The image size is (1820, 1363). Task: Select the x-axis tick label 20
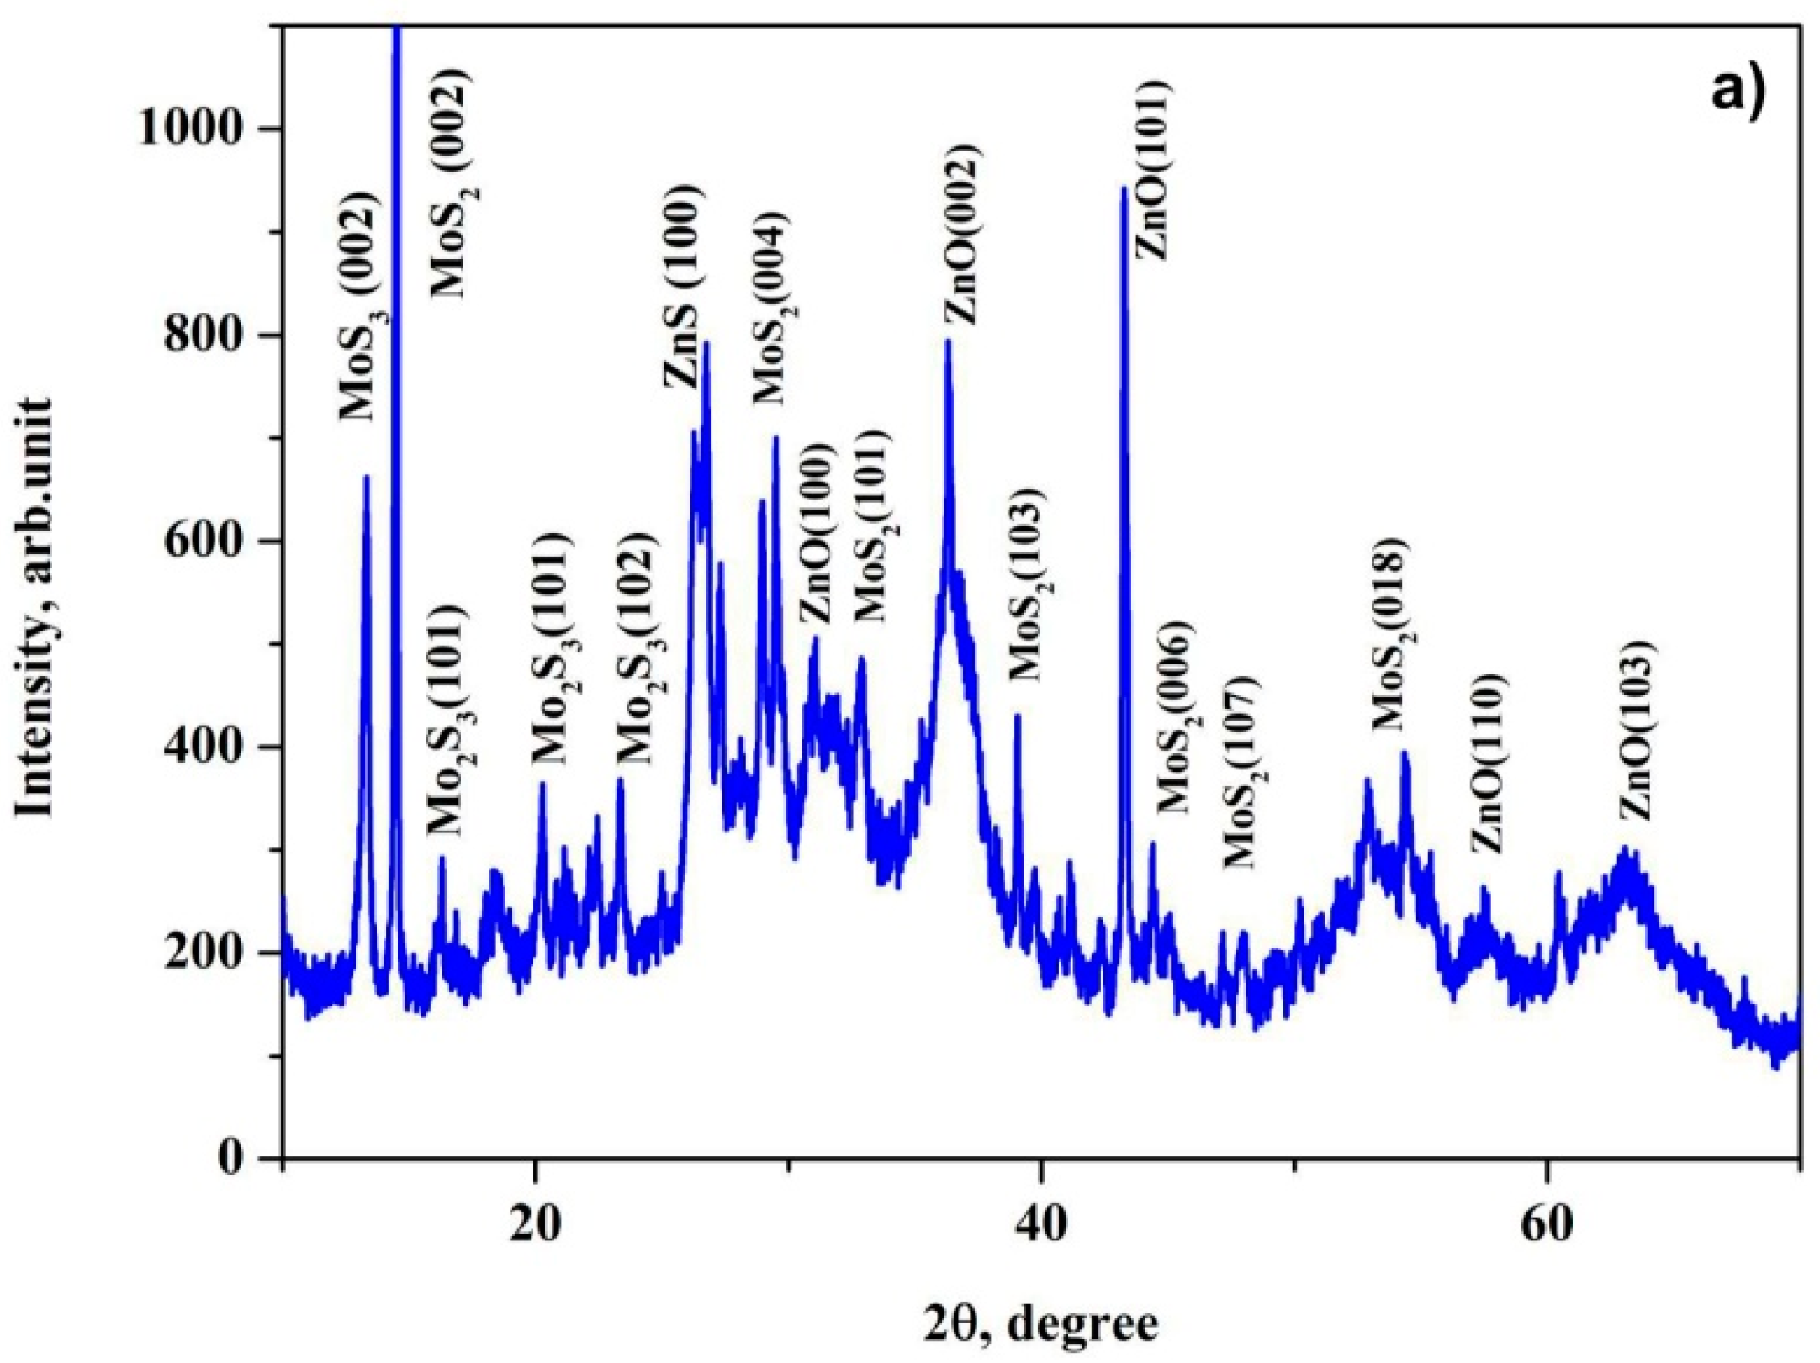(x=535, y=1223)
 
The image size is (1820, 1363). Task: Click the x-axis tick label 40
(x=1041, y=1223)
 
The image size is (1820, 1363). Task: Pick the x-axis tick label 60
(x=1548, y=1223)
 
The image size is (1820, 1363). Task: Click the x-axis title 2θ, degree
(x=1041, y=1324)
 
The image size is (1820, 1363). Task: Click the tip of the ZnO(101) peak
(x=1123, y=188)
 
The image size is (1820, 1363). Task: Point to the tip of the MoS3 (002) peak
(x=366, y=477)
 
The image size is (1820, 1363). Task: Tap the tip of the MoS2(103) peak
(x=1018, y=716)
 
